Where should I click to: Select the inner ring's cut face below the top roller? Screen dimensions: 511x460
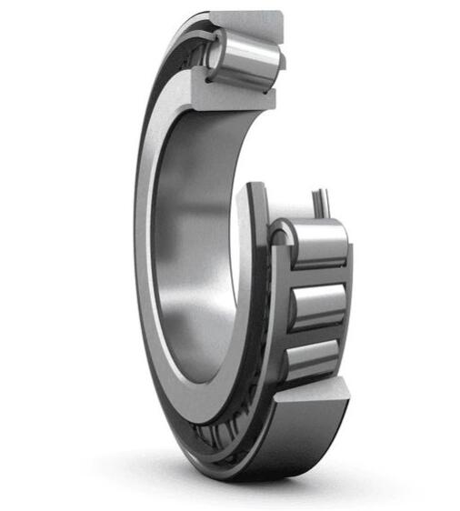(232, 91)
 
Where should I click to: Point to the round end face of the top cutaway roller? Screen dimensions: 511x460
(215, 54)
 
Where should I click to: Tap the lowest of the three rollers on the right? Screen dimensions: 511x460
(314, 358)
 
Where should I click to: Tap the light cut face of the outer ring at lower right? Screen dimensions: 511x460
(314, 396)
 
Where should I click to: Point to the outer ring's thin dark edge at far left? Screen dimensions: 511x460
(135, 227)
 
